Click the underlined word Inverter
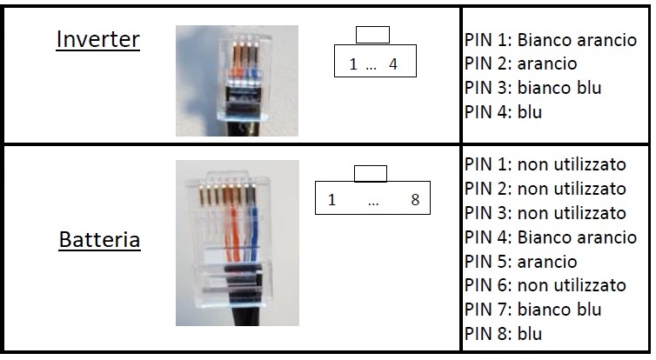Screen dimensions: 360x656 point(97,40)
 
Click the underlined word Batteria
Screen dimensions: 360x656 point(99,240)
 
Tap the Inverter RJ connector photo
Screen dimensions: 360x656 point(237,80)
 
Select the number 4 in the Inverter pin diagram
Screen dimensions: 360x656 point(393,64)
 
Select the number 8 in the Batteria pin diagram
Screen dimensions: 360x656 point(415,200)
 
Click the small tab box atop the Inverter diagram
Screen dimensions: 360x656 point(372,35)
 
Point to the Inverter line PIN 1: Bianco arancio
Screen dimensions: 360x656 point(551,40)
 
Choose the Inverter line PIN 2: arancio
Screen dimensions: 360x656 point(521,63)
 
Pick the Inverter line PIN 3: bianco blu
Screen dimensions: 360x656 point(533,88)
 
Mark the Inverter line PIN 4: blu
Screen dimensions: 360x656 point(504,111)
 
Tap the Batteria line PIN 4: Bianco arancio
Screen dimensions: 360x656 point(551,237)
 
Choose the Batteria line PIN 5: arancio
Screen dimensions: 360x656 point(521,262)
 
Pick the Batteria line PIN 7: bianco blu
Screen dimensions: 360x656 point(533,310)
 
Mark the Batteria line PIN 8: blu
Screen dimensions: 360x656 point(504,334)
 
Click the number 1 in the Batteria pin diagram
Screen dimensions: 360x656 point(331,200)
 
